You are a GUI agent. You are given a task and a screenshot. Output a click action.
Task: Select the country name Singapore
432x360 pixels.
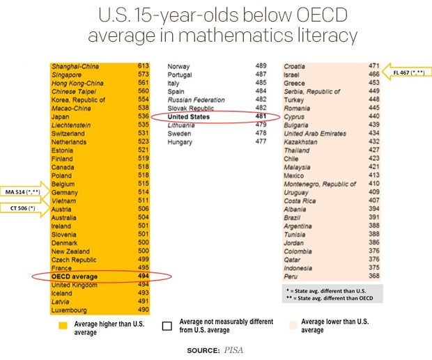66,75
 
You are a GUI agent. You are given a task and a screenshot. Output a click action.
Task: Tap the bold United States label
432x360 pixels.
189,117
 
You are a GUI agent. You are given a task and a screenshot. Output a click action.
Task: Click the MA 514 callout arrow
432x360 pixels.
25,191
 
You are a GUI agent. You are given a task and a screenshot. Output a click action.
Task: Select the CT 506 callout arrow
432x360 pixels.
25,208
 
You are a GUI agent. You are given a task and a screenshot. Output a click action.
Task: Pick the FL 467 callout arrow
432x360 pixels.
409,72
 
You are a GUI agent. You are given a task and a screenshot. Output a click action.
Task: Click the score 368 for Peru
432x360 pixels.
373,276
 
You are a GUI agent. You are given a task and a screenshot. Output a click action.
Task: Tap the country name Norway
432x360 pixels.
179,66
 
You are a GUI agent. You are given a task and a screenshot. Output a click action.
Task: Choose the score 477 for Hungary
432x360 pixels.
261,142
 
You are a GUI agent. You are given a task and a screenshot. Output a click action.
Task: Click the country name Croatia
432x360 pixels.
294,66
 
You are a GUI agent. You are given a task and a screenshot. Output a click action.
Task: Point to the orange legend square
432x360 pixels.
63,324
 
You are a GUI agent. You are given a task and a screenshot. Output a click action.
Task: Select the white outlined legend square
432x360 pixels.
167,324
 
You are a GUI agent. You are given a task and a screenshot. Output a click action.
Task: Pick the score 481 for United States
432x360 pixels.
261,117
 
